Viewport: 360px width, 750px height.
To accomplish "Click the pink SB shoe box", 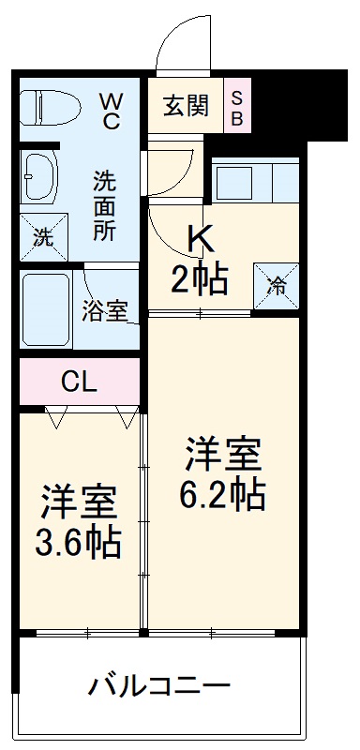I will click(x=236, y=105).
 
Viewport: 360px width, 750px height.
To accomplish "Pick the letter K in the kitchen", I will click(x=201, y=242).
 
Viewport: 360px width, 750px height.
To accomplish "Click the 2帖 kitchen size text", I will click(x=200, y=279).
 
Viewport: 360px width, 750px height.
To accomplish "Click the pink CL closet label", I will click(x=79, y=382).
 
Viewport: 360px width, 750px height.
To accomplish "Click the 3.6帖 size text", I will click(x=80, y=541).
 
